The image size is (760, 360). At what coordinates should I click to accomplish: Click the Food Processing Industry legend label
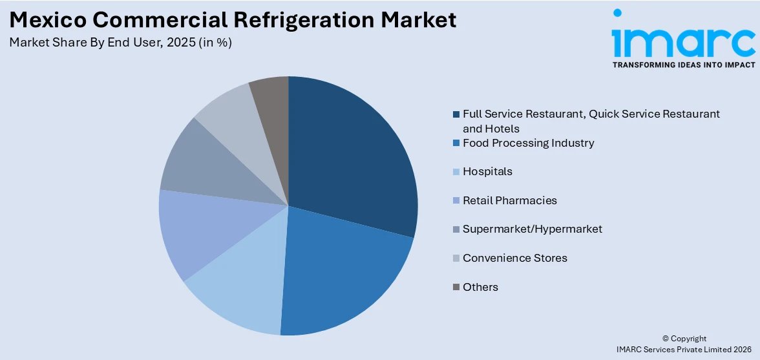click(528, 143)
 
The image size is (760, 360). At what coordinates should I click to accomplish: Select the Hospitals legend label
click(487, 171)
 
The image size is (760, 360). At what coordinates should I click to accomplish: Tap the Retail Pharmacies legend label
click(509, 200)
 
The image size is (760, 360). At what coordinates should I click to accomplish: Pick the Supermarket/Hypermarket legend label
click(532, 229)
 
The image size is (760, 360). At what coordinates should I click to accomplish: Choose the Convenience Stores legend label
click(514, 258)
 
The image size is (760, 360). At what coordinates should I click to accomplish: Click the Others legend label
click(480, 287)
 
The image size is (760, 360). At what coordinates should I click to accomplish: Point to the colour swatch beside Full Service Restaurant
click(456, 114)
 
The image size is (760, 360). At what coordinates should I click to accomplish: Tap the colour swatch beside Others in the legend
click(456, 287)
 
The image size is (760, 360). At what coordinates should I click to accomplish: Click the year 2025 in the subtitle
click(183, 43)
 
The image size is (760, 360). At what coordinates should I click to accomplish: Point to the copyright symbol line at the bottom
click(684, 339)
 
